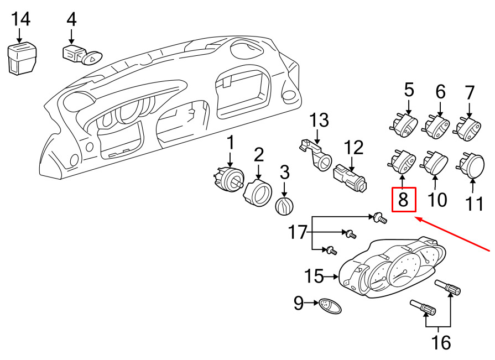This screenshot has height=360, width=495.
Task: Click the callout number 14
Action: (21, 19)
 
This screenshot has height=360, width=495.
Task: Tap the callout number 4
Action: (71, 19)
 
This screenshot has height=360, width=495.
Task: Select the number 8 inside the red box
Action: (403, 200)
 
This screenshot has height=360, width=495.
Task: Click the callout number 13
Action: (319, 121)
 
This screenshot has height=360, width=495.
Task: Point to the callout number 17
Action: (298, 232)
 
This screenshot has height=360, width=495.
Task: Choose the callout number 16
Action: (441, 342)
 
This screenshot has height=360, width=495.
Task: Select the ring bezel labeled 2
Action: (258, 192)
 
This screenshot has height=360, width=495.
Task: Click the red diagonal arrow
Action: (453, 234)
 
